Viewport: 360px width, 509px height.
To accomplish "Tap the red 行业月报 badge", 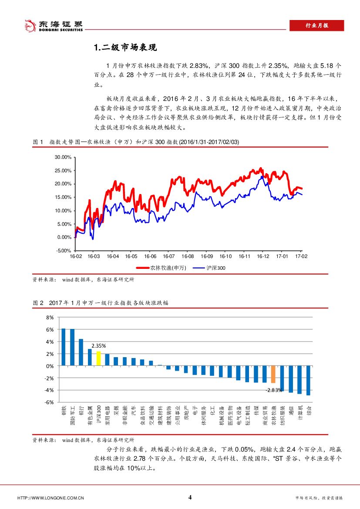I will click(316, 26).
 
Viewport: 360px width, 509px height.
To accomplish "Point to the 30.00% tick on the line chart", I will click(62, 157).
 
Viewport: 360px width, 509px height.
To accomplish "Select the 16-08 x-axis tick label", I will click(188, 257).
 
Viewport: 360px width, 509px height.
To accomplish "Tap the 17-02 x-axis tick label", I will click(301, 257).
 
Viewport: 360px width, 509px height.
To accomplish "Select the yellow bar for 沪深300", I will click(98, 358).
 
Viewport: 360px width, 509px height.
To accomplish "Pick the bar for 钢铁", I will click(64, 347).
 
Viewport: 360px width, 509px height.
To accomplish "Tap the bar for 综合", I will click(308, 380).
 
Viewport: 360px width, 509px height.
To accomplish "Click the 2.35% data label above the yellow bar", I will click(99, 346).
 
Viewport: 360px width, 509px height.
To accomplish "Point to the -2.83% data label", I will click(273, 390).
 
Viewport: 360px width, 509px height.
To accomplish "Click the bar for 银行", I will click(81, 352).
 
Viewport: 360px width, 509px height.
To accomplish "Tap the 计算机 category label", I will click(299, 413).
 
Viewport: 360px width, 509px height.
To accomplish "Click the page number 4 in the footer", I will click(190, 497).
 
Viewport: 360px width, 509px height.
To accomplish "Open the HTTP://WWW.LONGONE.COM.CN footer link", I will click(50, 498).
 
